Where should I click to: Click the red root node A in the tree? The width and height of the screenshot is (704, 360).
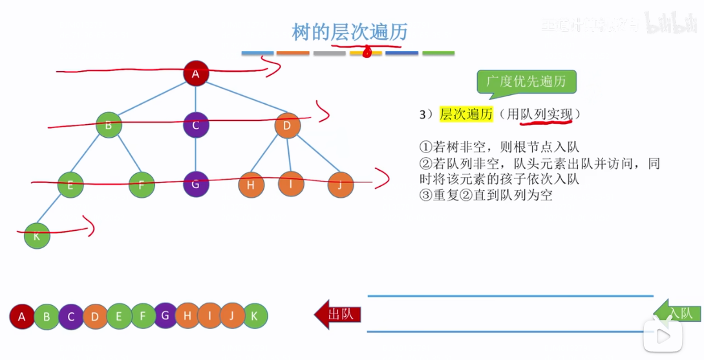click(196, 74)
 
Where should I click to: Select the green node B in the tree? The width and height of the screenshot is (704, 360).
click(108, 125)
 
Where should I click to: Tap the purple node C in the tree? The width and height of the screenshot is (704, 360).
click(196, 125)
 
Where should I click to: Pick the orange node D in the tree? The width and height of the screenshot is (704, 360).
click(287, 125)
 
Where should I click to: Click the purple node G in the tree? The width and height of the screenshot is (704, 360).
click(196, 184)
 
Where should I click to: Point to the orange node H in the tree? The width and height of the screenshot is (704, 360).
click(251, 185)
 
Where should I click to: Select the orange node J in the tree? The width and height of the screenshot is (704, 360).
click(340, 185)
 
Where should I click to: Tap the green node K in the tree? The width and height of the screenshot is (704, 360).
click(37, 236)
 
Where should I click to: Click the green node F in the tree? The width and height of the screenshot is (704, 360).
click(142, 185)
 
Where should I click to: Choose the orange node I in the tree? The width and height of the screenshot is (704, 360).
click(291, 184)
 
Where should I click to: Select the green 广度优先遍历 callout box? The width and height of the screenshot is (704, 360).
click(526, 82)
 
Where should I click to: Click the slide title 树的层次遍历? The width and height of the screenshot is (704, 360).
click(350, 32)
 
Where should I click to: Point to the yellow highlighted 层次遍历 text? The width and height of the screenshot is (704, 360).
click(466, 114)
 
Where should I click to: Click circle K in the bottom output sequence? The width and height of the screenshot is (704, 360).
click(255, 316)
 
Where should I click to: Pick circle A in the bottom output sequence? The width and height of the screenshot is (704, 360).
click(22, 317)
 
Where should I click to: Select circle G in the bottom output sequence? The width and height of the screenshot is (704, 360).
click(165, 315)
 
